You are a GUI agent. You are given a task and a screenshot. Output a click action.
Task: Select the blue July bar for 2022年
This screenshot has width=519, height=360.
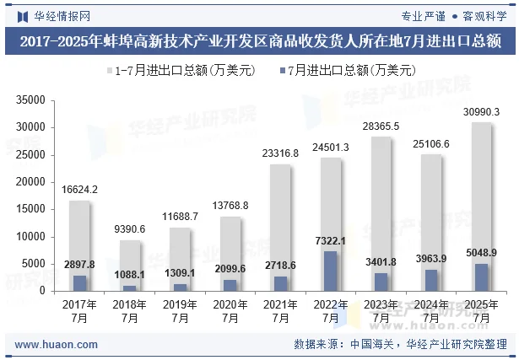click(331, 271)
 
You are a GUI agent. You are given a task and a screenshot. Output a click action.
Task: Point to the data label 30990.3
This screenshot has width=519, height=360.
click(481, 112)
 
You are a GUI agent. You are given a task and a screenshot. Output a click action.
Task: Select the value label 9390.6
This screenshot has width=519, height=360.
click(130, 229)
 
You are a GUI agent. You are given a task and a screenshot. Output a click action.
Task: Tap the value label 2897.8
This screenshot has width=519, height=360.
click(79, 265)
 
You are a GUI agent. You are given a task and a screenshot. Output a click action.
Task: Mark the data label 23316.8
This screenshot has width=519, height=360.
click(280, 153)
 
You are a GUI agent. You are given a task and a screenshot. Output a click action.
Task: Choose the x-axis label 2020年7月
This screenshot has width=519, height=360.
click(230, 310)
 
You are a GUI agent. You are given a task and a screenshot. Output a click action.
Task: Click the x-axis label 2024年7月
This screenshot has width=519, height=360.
click(431, 310)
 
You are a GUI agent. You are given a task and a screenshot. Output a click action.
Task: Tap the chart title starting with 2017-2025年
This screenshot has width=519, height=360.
click(259, 40)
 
